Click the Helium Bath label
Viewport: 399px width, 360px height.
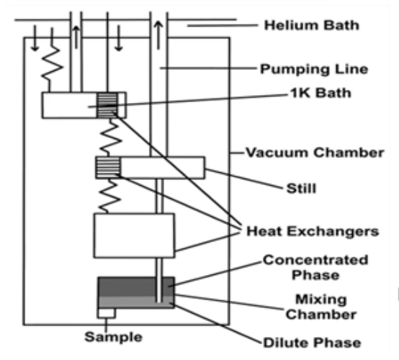click(x=312, y=25)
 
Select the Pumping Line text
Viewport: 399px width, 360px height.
click(x=314, y=69)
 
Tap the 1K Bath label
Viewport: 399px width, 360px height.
click(x=320, y=93)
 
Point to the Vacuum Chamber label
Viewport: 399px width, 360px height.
click(x=315, y=153)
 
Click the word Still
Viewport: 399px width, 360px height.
click(x=301, y=188)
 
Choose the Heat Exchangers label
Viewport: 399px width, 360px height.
click(x=313, y=231)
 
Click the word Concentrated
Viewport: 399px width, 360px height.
click(x=315, y=260)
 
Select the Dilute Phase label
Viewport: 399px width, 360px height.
click(x=312, y=343)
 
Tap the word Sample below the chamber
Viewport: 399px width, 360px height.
click(x=113, y=337)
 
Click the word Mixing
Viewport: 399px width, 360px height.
click(x=321, y=300)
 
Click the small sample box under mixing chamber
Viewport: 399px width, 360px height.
click(x=107, y=313)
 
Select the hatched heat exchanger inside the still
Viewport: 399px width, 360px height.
click(x=108, y=168)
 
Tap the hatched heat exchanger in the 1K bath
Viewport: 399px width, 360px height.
click(x=107, y=105)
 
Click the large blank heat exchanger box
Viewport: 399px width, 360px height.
click(x=135, y=235)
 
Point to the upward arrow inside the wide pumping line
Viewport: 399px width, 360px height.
click(x=158, y=35)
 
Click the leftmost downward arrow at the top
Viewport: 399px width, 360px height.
click(x=35, y=38)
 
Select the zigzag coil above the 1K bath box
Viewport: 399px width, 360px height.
click(x=52, y=67)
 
